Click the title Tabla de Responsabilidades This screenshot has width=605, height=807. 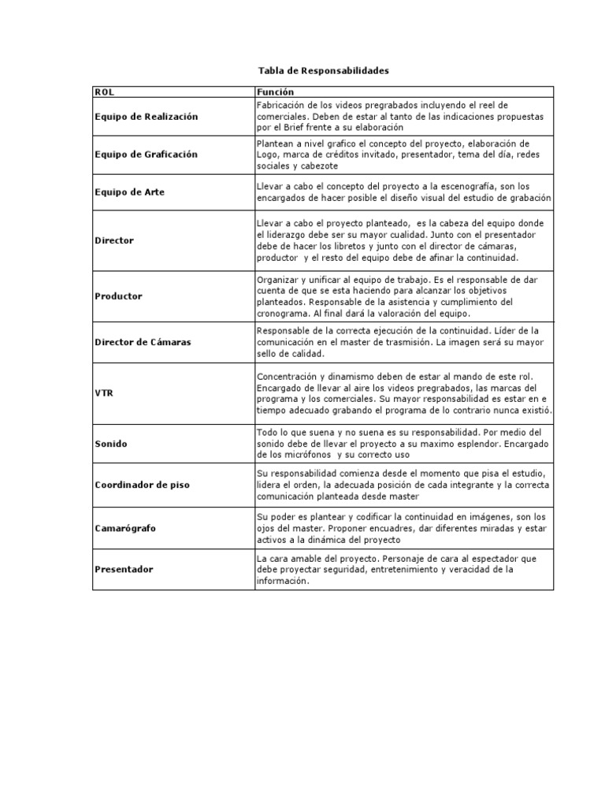[325, 71]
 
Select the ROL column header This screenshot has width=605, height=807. [104, 92]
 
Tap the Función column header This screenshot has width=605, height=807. [273, 92]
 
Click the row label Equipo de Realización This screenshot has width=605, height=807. [146, 117]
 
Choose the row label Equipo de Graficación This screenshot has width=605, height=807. [146, 154]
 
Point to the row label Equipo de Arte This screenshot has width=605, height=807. [129, 192]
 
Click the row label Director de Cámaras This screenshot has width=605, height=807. [143, 343]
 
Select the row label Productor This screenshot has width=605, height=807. [118, 296]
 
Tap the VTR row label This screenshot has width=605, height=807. [103, 392]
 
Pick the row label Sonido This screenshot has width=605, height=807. [110, 444]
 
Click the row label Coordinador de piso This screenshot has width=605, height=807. [142, 485]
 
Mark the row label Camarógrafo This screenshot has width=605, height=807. [124, 528]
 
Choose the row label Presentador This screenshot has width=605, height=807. [124, 569]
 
